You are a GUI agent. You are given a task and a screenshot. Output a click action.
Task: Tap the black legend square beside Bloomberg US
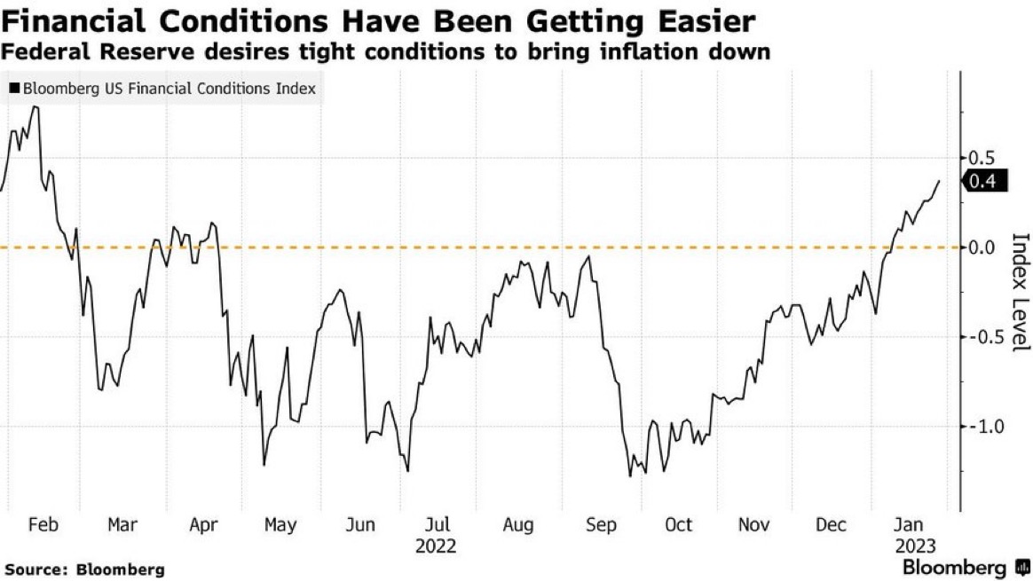coord(13,89)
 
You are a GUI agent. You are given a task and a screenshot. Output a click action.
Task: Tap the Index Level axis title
coord(1020,292)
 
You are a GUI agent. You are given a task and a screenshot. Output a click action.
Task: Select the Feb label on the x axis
coord(43,525)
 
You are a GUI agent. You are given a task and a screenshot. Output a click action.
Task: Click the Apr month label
coord(203,525)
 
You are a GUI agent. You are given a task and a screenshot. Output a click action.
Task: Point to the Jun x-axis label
coord(360,525)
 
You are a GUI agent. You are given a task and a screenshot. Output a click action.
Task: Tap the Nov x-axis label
coord(754,525)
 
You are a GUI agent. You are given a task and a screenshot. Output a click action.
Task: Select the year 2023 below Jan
coord(915,546)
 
